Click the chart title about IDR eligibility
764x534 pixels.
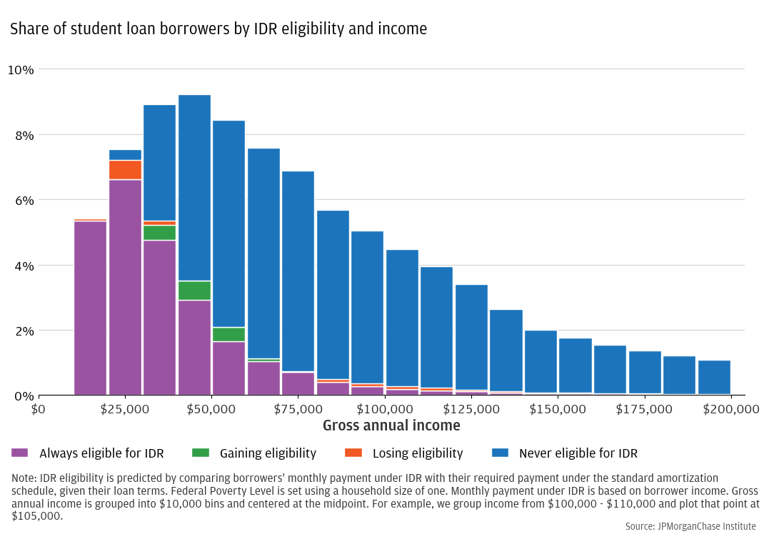(218, 29)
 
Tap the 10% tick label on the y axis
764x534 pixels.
(21, 70)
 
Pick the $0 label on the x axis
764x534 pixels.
(39, 409)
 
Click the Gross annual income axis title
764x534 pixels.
(391, 426)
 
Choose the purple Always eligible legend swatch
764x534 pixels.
(20, 453)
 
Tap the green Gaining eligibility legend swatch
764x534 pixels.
(201, 453)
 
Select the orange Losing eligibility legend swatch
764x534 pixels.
(353, 453)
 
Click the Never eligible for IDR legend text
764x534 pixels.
(578, 453)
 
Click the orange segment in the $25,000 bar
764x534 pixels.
(125, 170)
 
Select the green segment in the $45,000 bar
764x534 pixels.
(194, 291)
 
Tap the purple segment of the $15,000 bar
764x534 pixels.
(91, 308)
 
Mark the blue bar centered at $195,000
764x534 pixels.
(714, 377)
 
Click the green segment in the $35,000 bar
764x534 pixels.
(160, 233)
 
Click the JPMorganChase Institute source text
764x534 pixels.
(690, 526)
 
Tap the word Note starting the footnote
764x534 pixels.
(24, 478)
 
